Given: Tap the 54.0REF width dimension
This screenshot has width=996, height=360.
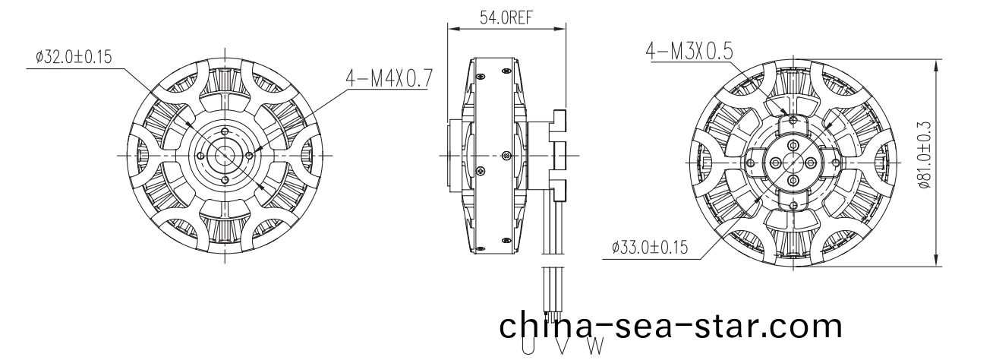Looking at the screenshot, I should coord(506,19).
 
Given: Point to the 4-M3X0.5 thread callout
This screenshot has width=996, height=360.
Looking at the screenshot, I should coord(689,51).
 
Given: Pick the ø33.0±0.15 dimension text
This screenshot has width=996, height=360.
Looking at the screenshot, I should coord(651,247).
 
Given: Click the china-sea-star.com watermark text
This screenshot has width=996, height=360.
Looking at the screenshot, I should coord(670,326).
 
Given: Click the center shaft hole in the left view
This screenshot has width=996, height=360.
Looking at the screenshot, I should coord(225,154).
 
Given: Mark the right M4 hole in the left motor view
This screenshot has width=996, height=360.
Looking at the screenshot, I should coord(250,155).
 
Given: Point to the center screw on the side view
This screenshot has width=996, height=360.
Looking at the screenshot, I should coord(506,156).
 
